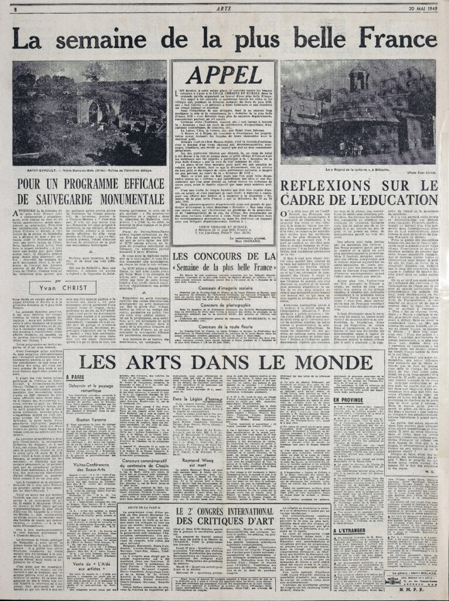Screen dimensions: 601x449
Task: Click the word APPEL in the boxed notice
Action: coord(224,75)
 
